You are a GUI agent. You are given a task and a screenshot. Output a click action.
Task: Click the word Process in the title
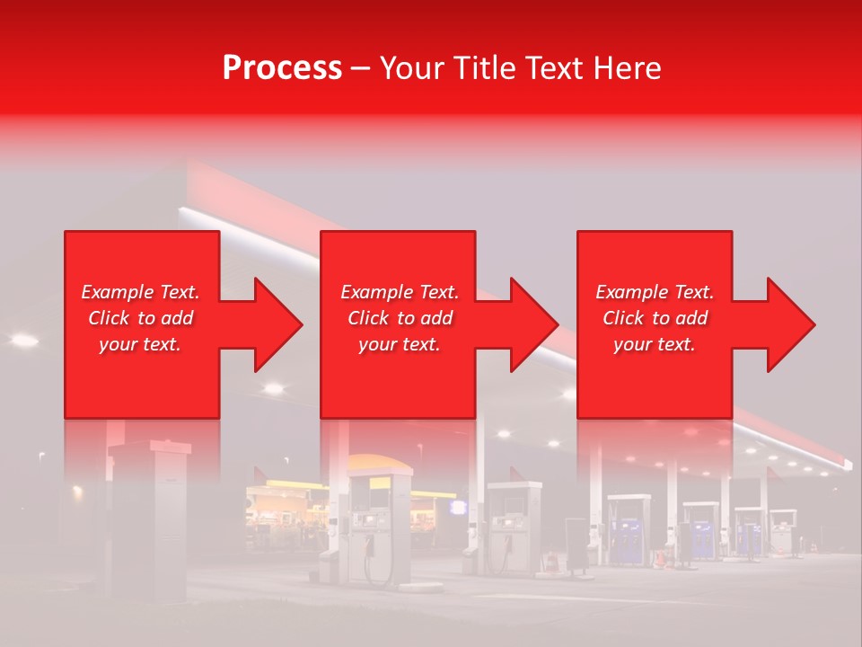click(x=282, y=68)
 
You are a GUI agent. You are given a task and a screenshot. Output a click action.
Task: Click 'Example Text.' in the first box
click(x=140, y=292)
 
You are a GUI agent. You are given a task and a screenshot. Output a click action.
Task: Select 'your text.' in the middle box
click(x=399, y=344)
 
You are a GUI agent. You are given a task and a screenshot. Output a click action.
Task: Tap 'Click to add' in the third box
click(x=655, y=318)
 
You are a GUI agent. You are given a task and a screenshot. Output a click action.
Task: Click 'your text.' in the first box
click(x=140, y=344)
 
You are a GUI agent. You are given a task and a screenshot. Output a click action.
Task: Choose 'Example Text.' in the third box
click(x=655, y=292)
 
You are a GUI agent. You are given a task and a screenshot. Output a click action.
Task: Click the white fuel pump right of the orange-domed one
click(x=514, y=526)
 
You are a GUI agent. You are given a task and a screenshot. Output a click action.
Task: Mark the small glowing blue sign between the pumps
click(x=459, y=508)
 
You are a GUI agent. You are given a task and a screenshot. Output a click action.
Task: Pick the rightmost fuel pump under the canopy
click(x=783, y=532)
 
